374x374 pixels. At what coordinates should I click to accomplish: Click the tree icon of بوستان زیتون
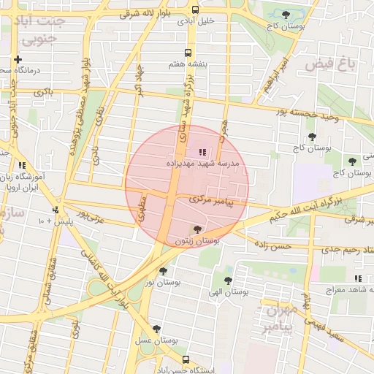[195, 229]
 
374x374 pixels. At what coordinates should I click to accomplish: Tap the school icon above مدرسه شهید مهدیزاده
[202, 153]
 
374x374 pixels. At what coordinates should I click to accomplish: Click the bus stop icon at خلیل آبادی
[195, 9]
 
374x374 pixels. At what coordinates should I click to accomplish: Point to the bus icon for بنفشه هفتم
[188, 53]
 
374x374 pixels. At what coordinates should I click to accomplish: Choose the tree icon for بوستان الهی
[229, 280]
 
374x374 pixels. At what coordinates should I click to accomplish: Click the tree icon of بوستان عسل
[156, 329]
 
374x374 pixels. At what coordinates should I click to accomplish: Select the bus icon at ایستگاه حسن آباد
[186, 360]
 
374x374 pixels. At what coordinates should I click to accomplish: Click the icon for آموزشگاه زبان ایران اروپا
[23, 166]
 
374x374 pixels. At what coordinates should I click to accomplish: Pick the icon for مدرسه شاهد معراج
[358, 278]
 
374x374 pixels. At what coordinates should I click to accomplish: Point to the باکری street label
[43, 93]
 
